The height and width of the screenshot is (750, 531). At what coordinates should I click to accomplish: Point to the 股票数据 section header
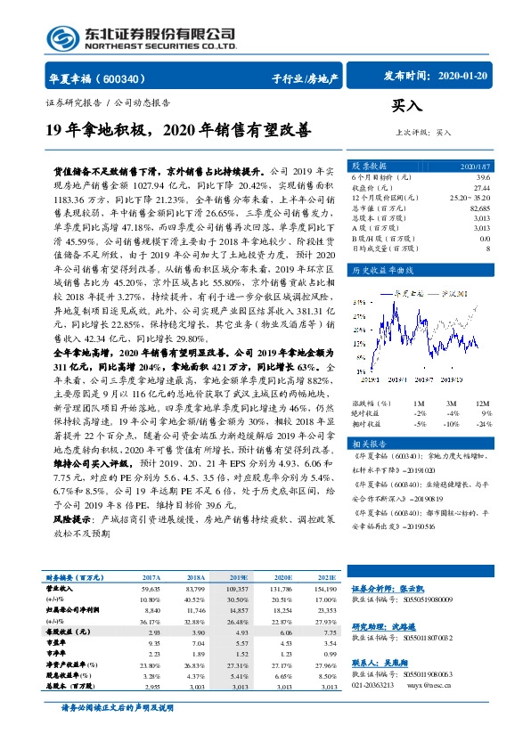[x=369, y=167]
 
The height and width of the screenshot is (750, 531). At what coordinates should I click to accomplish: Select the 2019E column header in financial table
[x=239, y=577]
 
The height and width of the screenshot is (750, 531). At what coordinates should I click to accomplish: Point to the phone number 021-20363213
[x=376, y=688]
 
